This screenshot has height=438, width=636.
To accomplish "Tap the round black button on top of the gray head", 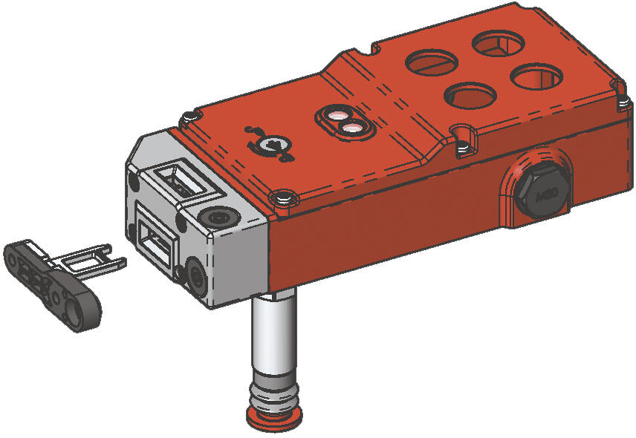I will pos(218,218).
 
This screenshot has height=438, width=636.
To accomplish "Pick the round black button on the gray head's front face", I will pos(198,275).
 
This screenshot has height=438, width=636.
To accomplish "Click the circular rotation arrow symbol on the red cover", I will pos(269,145).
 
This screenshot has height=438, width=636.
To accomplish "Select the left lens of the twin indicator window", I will pos(335,118).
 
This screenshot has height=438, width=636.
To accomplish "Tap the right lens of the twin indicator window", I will pos(351,128).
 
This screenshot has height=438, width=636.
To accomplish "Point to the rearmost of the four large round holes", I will pos(499,44).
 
